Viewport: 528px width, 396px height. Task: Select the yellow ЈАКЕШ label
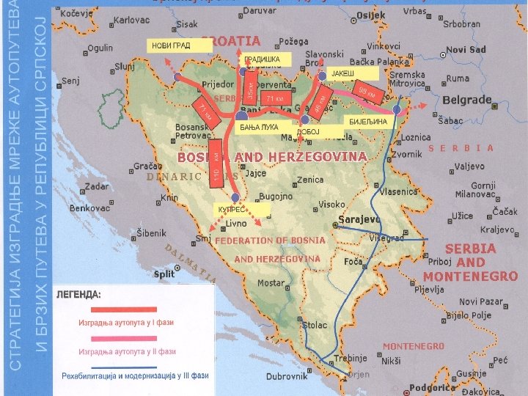(x=353, y=74)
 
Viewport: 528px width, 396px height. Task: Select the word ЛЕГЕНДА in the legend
(x=79, y=293)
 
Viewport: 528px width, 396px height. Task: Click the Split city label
(x=164, y=274)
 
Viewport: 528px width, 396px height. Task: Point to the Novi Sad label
(x=466, y=50)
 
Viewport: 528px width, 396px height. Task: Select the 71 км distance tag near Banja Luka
(x=274, y=98)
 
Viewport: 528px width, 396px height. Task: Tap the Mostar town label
(x=271, y=283)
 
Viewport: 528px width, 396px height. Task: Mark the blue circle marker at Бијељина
(x=397, y=109)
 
